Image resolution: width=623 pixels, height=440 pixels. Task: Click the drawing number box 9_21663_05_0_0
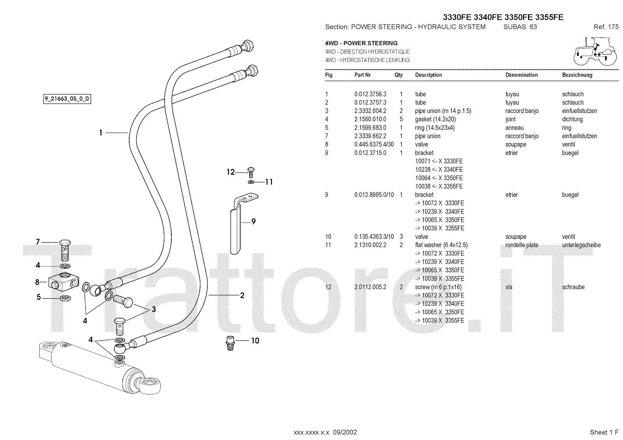pyautogui.click(x=67, y=99)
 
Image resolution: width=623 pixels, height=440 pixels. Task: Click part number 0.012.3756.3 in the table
pyautogui.click(x=370, y=94)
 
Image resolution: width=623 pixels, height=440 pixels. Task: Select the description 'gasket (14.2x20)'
pyautogui.click(x=435, y=119)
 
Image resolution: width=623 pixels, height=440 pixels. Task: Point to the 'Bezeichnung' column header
pyautogui.click(x=577, y=75)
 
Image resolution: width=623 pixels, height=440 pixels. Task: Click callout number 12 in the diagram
pyautogui.click(x=231, y=172)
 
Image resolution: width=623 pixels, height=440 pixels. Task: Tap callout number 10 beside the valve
pyautogui.click(x=255, y=341)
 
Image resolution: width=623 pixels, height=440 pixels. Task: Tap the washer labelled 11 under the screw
pyautogui.click(x=251, y=182)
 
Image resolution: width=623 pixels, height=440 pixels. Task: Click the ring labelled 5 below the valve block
pyautogui.click(x=65, y=298)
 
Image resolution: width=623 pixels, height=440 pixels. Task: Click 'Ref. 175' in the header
pyautogui.click(x=606, y=27)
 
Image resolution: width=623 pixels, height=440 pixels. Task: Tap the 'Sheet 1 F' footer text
pyautogui.click(x=604, y=432)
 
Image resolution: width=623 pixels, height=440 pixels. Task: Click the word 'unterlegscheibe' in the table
pyautogui.click(x=581, y=245)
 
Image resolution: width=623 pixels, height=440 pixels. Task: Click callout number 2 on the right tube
pyautogui.click(x=242, y=295)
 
